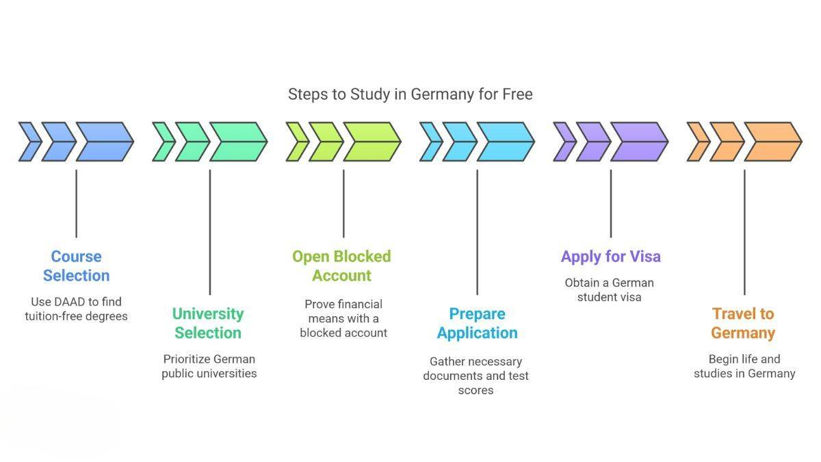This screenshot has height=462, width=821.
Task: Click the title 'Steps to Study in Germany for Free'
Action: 410,94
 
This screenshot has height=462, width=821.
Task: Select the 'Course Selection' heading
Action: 76,266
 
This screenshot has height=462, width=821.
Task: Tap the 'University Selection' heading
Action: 208,324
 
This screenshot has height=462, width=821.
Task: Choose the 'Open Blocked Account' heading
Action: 341,266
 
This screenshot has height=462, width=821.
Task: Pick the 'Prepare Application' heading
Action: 477,324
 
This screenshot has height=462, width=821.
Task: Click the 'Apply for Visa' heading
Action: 610,257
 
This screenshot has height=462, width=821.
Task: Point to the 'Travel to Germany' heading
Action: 743,324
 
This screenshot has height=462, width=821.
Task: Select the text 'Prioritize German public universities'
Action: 209,366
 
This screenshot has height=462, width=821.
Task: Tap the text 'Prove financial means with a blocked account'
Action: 343,318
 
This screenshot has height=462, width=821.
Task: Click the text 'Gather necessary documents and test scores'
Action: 475,376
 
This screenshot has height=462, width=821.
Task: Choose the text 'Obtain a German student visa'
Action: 610,290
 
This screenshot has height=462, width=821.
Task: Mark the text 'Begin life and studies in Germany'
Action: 744,366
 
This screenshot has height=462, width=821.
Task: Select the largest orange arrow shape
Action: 770,142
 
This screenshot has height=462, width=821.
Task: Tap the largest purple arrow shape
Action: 637,142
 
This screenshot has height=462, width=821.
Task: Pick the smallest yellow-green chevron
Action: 296,142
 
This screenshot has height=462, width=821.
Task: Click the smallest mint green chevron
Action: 163,142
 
